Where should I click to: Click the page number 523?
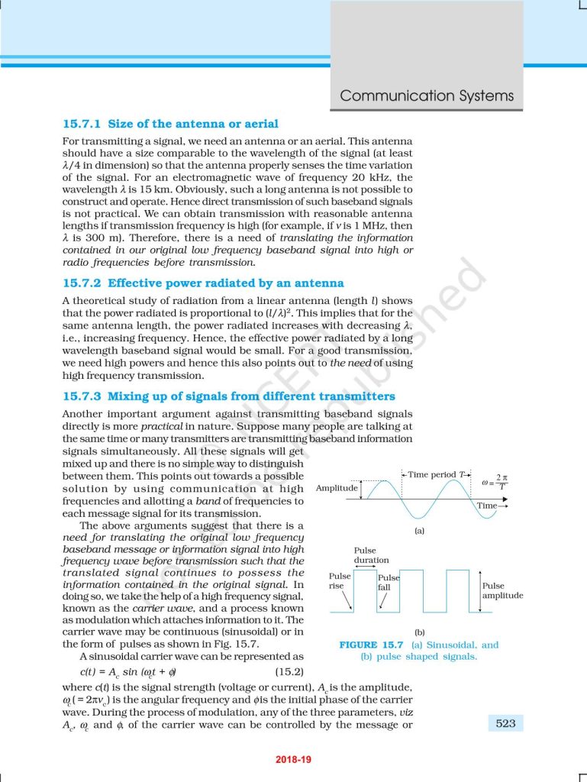click(505, 723)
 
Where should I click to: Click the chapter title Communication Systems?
click(427, 96)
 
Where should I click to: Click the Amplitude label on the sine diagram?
click(337, 488)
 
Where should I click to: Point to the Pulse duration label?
click(371, 555)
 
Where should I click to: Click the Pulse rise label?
click(340, 581)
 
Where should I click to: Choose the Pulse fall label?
click(388, 583)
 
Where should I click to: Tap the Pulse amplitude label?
click(502, 591)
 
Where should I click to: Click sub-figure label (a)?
click(419, 531)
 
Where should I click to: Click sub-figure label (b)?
click(419, 632)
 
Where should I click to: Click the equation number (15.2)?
click(289, 672)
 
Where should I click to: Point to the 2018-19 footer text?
click(293, 760)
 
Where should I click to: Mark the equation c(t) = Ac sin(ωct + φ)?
click(118, 673)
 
